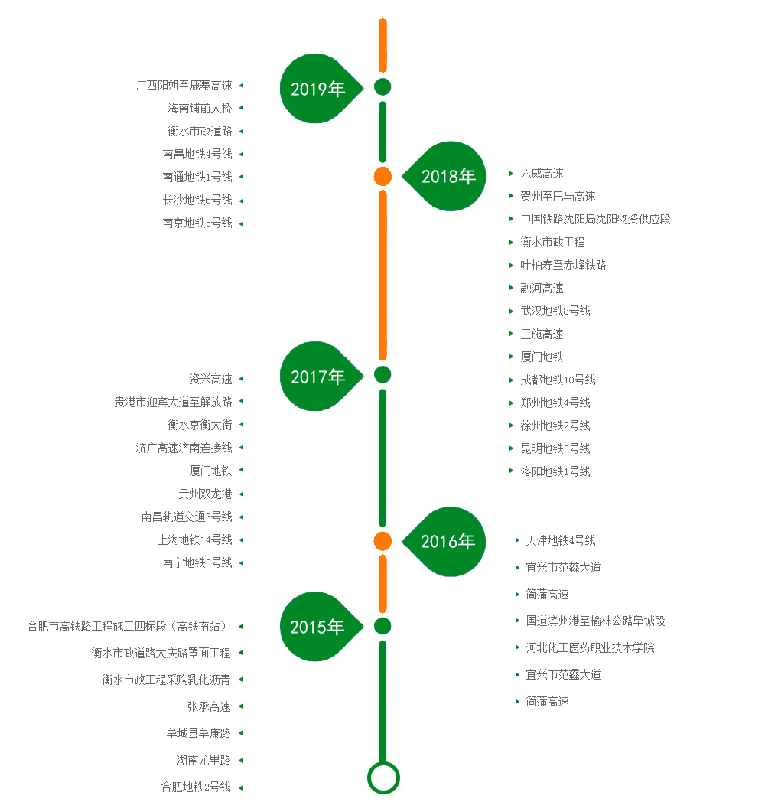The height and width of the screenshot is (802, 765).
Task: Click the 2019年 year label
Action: coord(317,90)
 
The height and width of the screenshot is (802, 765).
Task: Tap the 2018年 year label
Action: coord(449,177)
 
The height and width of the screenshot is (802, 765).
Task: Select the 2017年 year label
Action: coord(317,377)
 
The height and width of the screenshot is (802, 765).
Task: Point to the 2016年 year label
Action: coord(448,542)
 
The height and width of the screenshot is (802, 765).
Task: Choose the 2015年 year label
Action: coord(317,628)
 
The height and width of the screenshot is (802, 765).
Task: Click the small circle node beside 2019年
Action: coord(382,86)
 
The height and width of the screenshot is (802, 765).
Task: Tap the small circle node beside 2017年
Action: coord(382,374)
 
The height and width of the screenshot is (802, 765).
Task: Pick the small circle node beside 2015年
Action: coord(382,626)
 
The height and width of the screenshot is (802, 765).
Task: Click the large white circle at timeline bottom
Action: coord(383,778)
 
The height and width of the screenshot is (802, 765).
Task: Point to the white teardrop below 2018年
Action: coord(448,289)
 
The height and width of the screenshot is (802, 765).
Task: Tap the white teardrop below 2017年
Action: coord(317,458)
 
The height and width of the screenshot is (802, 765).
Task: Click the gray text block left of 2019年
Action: coord(184,153)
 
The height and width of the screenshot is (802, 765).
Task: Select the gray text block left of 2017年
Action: coord(173,467)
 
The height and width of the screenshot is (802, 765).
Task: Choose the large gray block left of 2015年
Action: coord(129,706)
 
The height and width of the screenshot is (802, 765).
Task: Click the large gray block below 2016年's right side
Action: coord(595,634)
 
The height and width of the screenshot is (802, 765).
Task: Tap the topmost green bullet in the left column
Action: coord(241,85)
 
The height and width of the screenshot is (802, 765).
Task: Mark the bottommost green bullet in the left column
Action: coord(241,787)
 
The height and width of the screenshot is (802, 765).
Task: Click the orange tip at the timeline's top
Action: coord(382,23)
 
